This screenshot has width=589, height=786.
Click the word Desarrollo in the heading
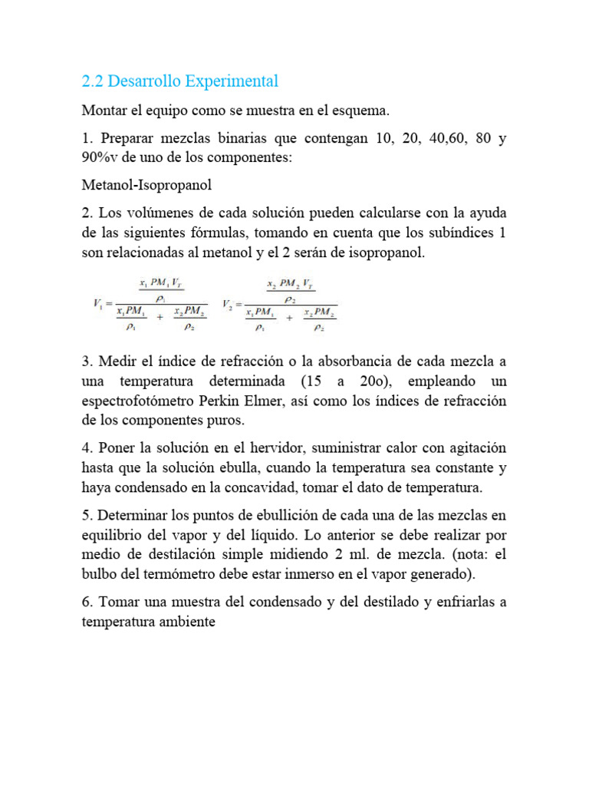pyautogui.click(x=143, y=81)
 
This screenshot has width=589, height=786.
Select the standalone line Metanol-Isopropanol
pyautogui.click(x=146, y=185)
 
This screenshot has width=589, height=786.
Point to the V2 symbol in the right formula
pyautogui.click(x=227, y=304)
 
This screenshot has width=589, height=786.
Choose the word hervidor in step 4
pyautogui.click(x=238, y=447)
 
